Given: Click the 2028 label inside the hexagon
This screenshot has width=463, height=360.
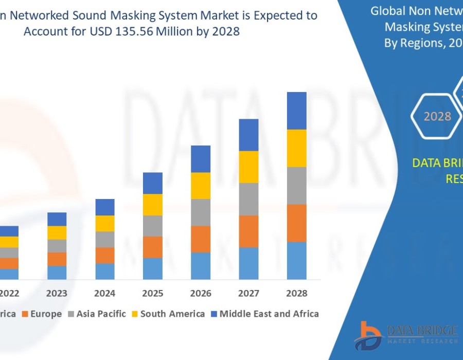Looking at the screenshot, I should (437, 116).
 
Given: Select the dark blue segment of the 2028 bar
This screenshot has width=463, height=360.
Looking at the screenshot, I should (297, 111).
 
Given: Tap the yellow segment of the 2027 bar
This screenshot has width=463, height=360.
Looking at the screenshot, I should (248, 167).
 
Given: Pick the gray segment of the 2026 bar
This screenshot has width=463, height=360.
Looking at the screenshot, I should (201, 212).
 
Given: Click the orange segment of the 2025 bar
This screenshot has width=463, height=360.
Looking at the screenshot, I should (153, 247).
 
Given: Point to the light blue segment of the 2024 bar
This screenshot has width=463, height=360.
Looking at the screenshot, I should (105, 271).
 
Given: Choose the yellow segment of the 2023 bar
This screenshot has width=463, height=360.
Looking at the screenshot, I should (57, 232).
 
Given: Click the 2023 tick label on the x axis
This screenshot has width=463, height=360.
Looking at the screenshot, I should (57, 293).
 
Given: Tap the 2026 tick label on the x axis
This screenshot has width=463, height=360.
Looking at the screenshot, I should (201, 293).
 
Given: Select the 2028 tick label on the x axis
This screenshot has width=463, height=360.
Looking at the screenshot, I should (297, 293).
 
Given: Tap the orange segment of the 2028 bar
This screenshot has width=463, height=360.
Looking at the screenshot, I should (297, 223).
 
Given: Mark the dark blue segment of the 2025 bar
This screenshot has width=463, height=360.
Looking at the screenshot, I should (153, 183).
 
